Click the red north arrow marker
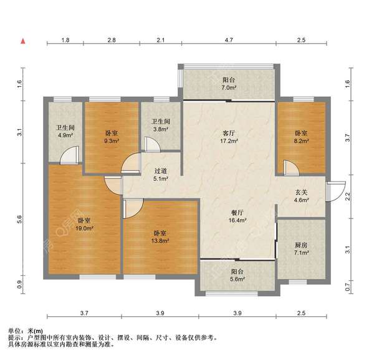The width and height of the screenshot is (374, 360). [24, 41]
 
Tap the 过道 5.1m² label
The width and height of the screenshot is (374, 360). [161, 180]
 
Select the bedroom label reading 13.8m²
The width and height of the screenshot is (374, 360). [161, 237]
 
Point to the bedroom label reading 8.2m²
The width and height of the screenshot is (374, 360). [301, 137]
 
